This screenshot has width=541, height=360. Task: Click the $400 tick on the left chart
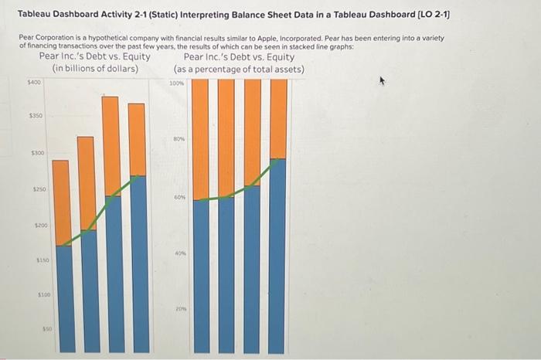tap(34, 81)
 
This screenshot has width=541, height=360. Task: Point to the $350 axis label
tap(36, 116)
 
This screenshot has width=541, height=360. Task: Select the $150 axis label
tap(42, 261)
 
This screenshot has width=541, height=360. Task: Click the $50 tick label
tap(46, 329)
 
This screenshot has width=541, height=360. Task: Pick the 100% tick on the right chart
tap(176, 83)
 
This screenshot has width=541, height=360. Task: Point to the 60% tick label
tap(180, 197)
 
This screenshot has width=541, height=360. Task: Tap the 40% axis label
tap(180, 253)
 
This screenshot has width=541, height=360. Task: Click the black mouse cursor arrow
tap(380, 80)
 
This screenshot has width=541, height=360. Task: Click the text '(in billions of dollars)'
tap(95, 69)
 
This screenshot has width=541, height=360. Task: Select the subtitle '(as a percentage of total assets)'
tap(239, 70)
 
